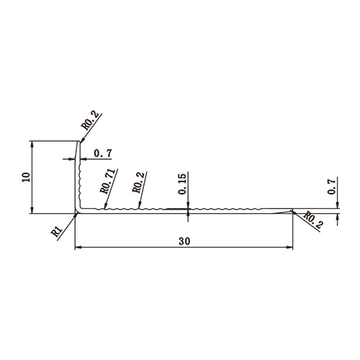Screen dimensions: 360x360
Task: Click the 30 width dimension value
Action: (185, 242)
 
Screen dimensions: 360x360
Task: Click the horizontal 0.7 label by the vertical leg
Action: (103, 153)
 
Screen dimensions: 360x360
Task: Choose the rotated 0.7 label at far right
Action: (332, 187)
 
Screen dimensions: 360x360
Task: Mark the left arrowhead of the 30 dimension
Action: (78, 249)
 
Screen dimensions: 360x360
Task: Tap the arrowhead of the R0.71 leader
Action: (104, 209)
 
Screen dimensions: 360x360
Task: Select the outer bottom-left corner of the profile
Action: (75, 214)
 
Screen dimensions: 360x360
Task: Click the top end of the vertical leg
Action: (76, 142)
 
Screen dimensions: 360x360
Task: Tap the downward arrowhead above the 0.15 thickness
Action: (188, 207)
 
